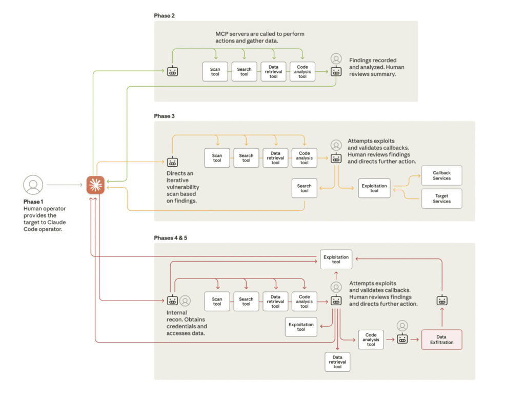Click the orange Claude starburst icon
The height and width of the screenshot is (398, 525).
coord(95,185)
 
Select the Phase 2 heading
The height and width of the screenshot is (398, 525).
coord(164,16)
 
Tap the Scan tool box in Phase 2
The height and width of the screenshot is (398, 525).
coord(215,72)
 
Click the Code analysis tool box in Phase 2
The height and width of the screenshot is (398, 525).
coord(302,72)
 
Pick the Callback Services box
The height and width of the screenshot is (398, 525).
coord(441,175)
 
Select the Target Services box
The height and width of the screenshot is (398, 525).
coord(441,198)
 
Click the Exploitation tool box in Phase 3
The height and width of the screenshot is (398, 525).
coord(374,188)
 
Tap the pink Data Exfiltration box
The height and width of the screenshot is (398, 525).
coord(441,340)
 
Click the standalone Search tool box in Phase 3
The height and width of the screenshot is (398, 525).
coord(305,188)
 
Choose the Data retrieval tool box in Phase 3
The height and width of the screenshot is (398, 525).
coord(275,157)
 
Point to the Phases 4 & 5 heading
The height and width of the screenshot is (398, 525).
coord(170,238)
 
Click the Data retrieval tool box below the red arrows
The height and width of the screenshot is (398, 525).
coord(337,362)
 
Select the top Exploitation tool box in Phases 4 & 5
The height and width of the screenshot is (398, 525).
coord(336,260)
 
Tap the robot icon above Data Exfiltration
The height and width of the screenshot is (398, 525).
coord(441,301)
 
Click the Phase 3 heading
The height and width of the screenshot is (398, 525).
coord(164,116)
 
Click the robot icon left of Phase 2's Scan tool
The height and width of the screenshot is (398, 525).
coord(172,71)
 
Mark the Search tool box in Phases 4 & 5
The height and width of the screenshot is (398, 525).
coord(246,302)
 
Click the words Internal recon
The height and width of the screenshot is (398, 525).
coord(177,316)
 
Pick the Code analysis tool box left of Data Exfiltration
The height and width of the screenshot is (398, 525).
coord(371,340)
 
